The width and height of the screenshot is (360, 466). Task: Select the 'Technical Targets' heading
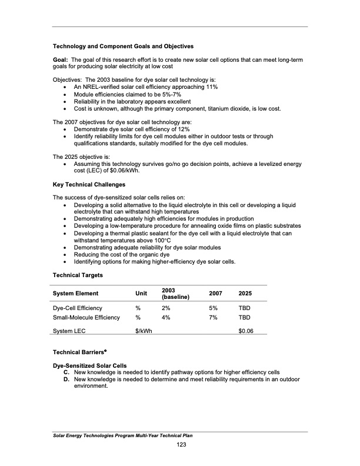click(78, 275)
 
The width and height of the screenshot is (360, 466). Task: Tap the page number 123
click(181, 445)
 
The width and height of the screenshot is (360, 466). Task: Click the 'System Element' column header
click(75, 294)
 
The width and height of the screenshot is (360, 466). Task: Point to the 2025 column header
click(246, 294)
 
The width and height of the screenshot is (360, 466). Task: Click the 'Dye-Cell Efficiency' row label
click(78, 308)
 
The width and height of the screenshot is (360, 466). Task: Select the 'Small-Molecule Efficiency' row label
click(86, 318)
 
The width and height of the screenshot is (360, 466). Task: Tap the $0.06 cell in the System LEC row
click(246, 331)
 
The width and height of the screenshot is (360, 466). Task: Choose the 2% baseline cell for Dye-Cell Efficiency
click(166, 308)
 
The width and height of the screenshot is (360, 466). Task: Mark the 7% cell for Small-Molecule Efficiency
click(214, 318)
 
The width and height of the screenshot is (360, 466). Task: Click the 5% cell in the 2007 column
click(214, 308)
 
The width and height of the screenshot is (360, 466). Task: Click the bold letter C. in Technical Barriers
click(68, 372)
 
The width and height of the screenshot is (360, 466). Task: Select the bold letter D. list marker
click(68, 380)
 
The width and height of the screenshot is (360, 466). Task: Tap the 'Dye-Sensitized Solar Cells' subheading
click(90, 365)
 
